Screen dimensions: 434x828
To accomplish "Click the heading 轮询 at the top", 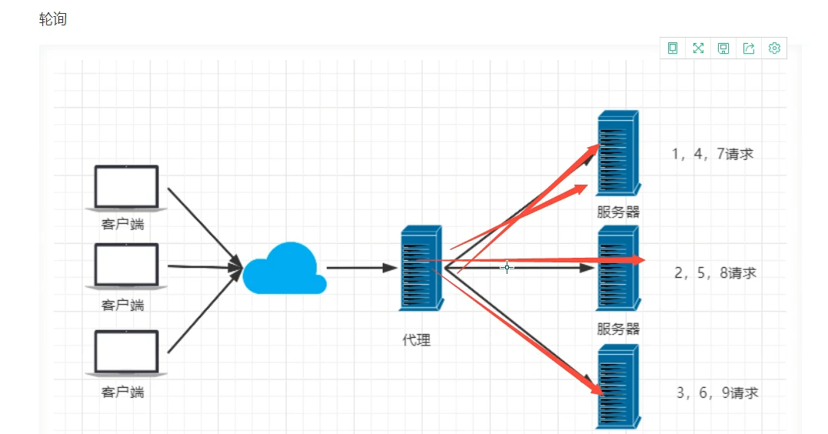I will pyautogui.click(x=53, y=19).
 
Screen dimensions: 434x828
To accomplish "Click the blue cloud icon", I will pyautogui.click(x=284, y=269).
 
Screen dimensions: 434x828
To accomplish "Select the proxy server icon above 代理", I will pyautogui.click(x=421, y=268).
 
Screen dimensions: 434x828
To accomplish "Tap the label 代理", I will pyautogui.click(x=417, y=339).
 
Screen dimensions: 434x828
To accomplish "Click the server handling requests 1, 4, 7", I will pyautogui.click(x=617, y=152).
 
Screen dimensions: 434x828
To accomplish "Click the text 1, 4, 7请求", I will pyautogui.click(x=713, y=154).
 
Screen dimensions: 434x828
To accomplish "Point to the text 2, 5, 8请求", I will pyautogui.click(x=715, y=273).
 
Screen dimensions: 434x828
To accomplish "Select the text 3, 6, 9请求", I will pyautogui.click(x=717, y=392).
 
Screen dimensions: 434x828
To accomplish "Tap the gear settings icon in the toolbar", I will pyautogui.click(x=774, y=48).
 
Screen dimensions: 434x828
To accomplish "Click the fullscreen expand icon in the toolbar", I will pyautogui.click(x=698, y=48).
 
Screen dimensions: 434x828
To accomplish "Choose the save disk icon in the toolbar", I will pyautogui.click(x=723, y=48).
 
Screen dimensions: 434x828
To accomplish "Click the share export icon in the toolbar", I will pyautogui.click(x=749, y=48).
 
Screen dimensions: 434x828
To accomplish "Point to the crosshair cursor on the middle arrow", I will pyautogui.click(x=507, y=268).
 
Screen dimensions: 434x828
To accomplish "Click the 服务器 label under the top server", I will pyautogui.click(x=618, y=212).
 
